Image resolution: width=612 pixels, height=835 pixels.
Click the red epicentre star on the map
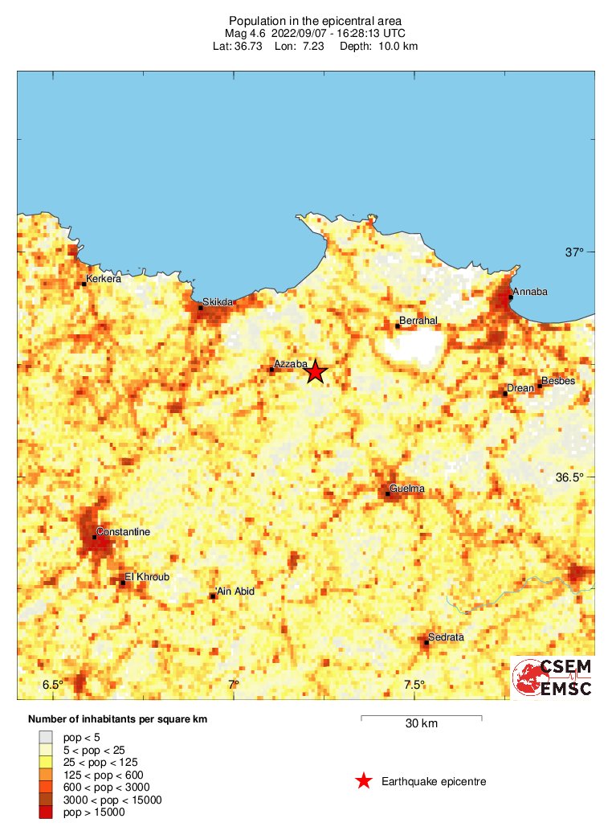coord(316,371)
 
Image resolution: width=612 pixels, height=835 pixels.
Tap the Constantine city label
coord(123,532)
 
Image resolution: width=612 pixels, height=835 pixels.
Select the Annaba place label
coord(530,292)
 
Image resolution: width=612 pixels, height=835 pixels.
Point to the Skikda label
coord(218,302)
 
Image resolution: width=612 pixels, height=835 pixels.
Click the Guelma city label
coord(406,489)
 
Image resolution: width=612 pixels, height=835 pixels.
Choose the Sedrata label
coord(446,637)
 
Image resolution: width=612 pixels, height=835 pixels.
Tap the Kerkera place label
coord(104,280)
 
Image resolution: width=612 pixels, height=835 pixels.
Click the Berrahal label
coord(418,321)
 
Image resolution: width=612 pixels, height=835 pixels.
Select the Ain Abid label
coord(235,591)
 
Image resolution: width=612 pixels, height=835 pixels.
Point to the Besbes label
coord(558,381)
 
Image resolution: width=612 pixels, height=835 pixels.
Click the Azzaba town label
coord(291,365)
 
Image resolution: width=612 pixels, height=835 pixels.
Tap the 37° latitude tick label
coord(574,252)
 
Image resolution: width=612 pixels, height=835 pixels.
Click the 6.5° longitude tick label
coord(53,685)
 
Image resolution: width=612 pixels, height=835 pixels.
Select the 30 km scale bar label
coord(421,724)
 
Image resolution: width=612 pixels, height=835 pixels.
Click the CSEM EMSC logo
coord(553,677)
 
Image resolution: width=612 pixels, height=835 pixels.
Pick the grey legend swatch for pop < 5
coord(46,735)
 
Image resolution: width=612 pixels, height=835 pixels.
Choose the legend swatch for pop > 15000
coord(46,812)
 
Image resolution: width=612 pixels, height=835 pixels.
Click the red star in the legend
coord(364,781)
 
